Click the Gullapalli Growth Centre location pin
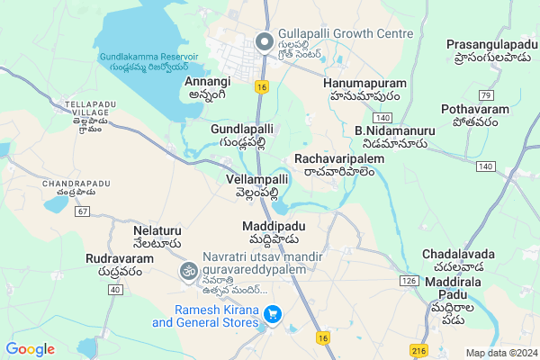click(x=264, y=42)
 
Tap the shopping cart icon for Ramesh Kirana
click(x=274, y=315)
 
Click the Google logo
click(x=30, y=348)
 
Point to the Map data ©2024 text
click(x=499, y=353)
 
